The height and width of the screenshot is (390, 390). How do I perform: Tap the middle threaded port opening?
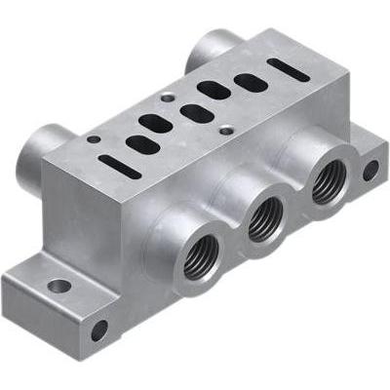coord(261,224)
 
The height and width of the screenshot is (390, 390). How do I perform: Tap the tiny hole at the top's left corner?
coord(95,139)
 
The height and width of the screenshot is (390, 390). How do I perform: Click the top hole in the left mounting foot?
coord(59,287)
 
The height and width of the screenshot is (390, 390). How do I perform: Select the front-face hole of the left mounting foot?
coord(98,331)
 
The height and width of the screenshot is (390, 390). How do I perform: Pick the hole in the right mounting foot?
coord(370,170)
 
